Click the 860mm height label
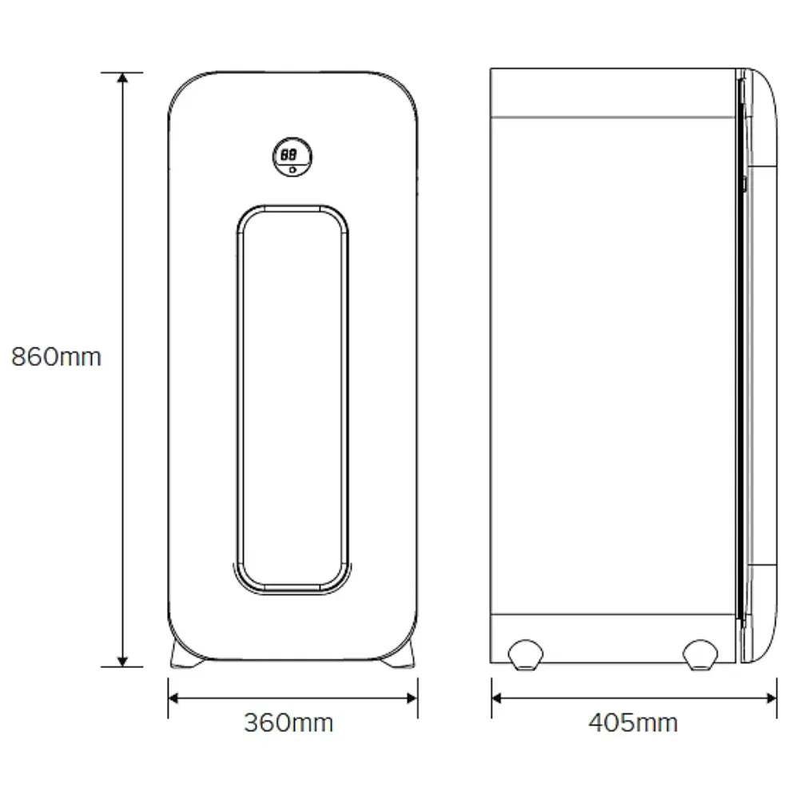pos(57,356)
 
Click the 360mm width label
pos(289,722)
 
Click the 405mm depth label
pos(634,722)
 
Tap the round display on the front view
pos(292,157)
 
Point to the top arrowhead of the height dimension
pos(122,78)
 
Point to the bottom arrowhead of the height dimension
pos(122,662)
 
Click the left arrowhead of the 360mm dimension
pos(173,698)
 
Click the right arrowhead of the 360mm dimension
pos(412,698)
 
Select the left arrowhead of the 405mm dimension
pos(497,698)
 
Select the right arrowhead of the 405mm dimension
pos(772,698)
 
